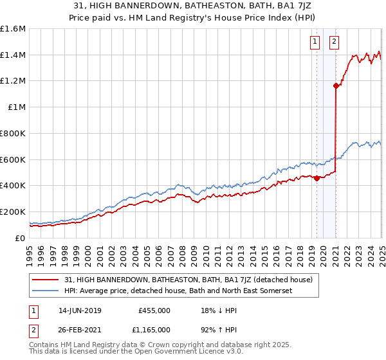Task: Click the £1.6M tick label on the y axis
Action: point(12,29)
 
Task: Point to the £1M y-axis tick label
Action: point(15,107)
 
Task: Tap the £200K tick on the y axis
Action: point(12,212)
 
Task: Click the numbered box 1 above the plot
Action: point(315,42)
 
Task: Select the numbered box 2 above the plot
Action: point(335,42)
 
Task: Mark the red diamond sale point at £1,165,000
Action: point(336,85)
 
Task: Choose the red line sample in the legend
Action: point(46,280)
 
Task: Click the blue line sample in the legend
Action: point(46,291)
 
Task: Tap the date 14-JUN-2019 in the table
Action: point(79,310)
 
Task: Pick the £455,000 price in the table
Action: point(154,310)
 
